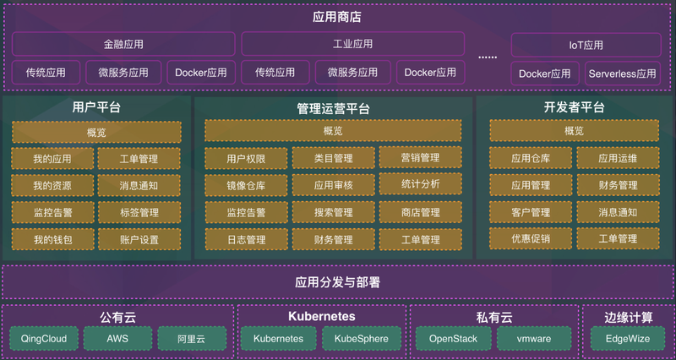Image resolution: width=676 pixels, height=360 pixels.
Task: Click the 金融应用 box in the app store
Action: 123,44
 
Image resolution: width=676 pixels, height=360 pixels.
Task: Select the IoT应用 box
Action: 586,45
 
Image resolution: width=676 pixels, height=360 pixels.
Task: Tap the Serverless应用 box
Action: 623,74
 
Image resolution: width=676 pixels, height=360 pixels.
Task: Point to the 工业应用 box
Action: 352,44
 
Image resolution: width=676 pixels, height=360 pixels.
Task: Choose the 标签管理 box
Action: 139,212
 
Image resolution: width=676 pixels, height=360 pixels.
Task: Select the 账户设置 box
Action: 139,239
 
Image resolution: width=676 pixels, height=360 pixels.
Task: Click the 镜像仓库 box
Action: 246,185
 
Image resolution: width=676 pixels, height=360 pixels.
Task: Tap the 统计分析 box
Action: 419,183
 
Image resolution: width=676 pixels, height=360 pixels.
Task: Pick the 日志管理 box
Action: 246,239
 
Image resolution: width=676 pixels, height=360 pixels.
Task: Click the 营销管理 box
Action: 419,157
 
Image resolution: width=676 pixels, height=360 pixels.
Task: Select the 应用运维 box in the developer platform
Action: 618,158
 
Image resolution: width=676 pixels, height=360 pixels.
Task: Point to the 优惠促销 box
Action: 531,239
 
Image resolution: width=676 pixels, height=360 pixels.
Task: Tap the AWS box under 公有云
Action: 117,338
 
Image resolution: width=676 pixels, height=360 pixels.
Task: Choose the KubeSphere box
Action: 361,338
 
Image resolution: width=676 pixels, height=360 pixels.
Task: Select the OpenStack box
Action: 454,338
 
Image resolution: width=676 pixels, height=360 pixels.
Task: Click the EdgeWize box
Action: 628,338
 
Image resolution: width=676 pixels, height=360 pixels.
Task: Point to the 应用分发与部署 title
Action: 337,282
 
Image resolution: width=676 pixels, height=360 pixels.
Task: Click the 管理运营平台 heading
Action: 333,108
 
